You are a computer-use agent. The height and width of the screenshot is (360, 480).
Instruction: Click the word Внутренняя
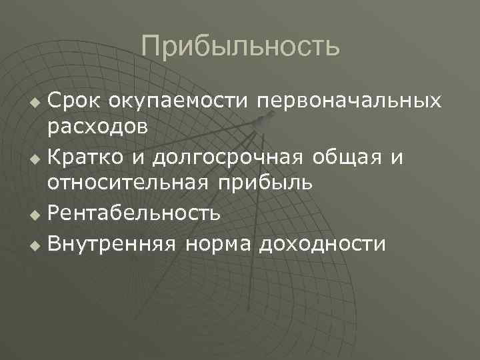click(x=111, y=243)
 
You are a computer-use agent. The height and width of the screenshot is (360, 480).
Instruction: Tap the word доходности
click(x=323, y=244)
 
